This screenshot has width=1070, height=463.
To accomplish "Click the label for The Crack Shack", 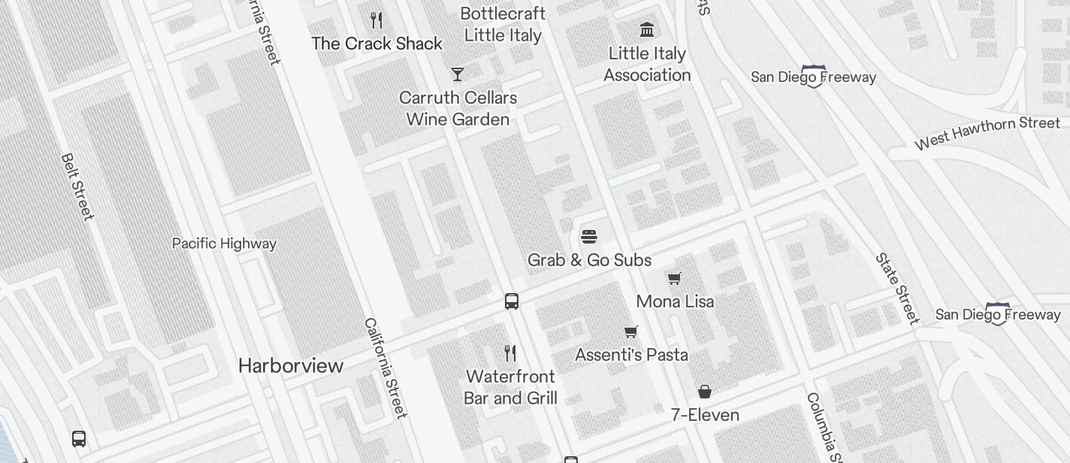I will tap(376, 44).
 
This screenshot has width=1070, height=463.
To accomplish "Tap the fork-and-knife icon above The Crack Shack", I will tap(376, 20).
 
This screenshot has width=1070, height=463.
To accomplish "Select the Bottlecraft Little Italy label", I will tap(503, 24).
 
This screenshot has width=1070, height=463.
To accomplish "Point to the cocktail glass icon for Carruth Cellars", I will tap(457, 74).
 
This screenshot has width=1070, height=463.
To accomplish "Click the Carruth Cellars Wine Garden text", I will tap(458, 108).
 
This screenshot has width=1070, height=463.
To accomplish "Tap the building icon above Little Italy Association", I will tap(646, 29).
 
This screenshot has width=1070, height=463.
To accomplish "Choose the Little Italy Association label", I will tap(647, 64).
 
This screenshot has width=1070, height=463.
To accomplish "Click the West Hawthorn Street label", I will tap(987, 132).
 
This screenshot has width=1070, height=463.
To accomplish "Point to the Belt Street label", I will tap(77, 187).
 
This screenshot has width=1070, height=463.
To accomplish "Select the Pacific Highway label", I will tap(224, 244).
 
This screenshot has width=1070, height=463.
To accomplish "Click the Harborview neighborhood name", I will tap(291, 366).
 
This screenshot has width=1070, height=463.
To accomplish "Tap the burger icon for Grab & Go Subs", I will tap(589, 237).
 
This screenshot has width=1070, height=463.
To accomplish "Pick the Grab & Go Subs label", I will tap(589, 260).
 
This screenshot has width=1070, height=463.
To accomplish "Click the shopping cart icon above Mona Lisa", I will tap(675, 279).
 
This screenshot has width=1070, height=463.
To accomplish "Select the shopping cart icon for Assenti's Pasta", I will tap(631, 331).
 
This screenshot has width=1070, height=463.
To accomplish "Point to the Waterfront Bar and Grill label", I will tap(510, 387).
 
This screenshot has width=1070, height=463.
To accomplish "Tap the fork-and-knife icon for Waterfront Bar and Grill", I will tap(510, 353).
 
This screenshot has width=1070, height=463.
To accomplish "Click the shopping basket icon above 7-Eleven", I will tap(704, 392).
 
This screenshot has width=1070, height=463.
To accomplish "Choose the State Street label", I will tap(897, 289).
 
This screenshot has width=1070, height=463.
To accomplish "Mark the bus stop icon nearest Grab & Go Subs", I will tap(512, 301).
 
